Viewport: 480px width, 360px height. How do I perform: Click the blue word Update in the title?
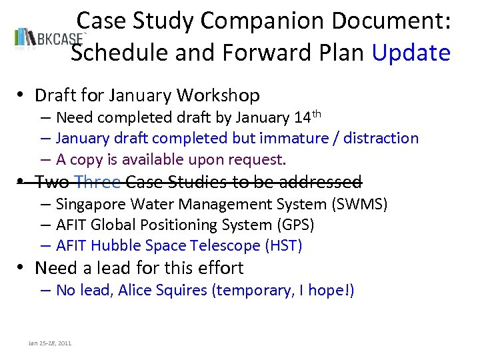[411, 53]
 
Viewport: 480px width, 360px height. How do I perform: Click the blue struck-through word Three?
[98, 181]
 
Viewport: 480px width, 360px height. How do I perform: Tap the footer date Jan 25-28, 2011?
[50, 343]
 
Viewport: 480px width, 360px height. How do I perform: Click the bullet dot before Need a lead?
[23, 269]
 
